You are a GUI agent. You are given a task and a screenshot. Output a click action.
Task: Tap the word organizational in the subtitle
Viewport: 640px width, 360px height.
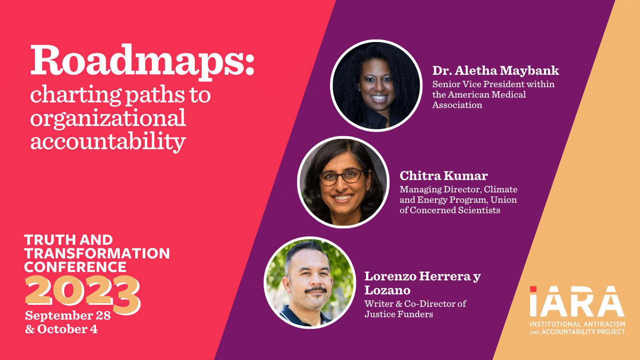pyautogui.click(x=108, y=118)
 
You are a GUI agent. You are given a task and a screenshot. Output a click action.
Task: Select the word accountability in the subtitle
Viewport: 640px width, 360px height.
pyautogui.click(x=108, y=142)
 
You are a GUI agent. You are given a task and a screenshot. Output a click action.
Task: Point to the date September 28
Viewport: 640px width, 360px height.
pyautogui.click(x=68, y=316)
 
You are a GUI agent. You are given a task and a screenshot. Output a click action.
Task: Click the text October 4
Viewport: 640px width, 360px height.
pyautogui.click(x=68, y=329)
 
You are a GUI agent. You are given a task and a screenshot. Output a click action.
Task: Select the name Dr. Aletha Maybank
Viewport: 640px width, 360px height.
pyautogui.click(x=496, y=70)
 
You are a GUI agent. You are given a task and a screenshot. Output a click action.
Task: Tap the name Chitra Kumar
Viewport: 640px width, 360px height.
pyautogui.click(x=444, y=176)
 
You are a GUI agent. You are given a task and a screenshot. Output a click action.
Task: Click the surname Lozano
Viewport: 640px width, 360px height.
pyautogui.click(x=388, y=290)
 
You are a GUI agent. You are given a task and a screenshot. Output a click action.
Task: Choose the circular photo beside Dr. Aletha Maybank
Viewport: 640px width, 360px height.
pyautogui.click(x=376, y=86)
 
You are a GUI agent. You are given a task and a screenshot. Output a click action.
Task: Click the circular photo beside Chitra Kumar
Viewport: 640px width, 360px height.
pyautogui.click(x=343, y=182)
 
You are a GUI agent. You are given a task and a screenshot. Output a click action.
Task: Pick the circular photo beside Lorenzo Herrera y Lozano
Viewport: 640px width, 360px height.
pyautogui.click(x=310, y=282)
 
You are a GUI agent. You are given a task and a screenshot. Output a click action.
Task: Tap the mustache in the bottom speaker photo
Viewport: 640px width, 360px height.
pyautogui.click(x=316, y=290)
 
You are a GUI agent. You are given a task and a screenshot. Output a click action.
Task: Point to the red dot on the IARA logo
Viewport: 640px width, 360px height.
pyautogui.click(x=533, y=289)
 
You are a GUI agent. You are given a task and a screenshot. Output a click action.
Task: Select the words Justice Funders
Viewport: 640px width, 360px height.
pyautogui.click(x=398, y=314)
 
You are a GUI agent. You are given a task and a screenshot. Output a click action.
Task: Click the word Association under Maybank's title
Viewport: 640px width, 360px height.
pyautogui.click(x=457, y=105)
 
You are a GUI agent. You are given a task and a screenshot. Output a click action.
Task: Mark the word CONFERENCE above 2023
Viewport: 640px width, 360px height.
pyautogui.click(x=76, y=267)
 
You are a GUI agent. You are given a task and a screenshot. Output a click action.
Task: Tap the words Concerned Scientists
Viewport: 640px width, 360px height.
pyautogui.click(x=455, y=210)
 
